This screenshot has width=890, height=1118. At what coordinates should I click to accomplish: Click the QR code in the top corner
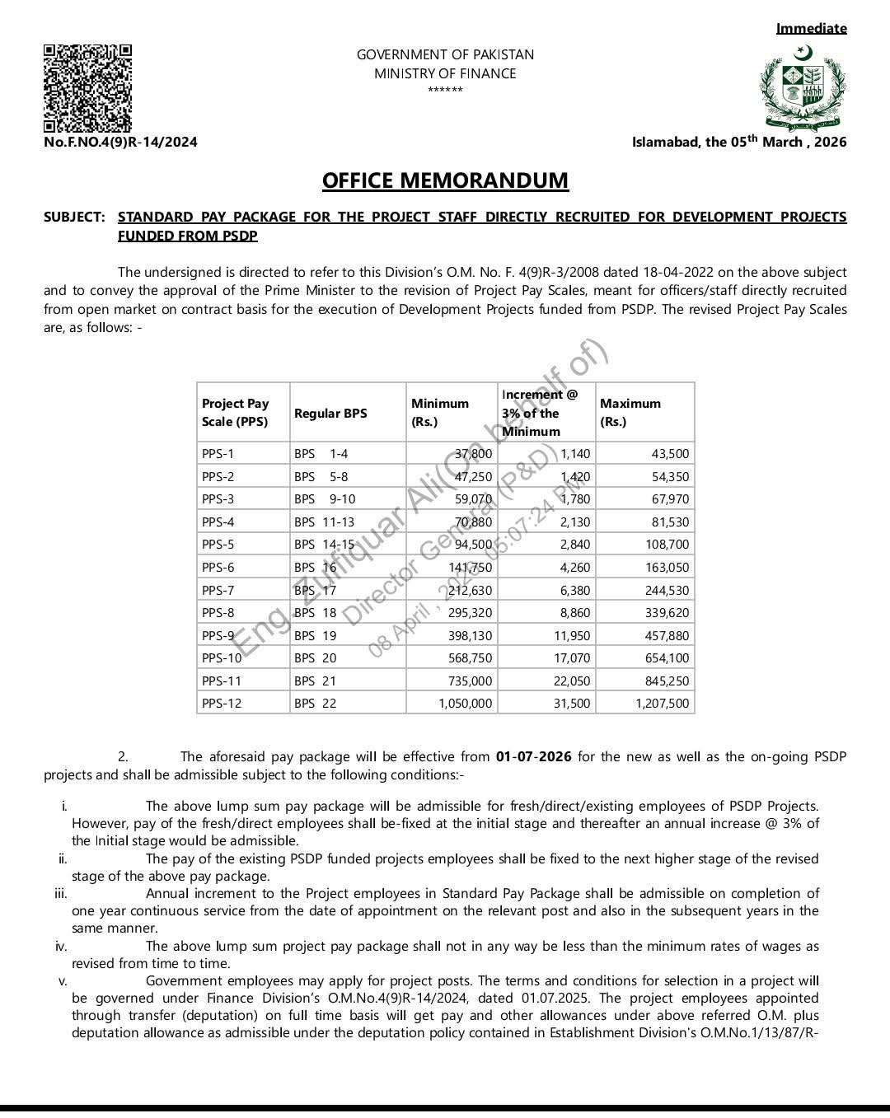(87, 88)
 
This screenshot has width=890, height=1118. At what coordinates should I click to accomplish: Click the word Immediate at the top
(811, 29)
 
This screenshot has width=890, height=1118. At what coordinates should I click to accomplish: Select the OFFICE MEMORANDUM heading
(445, 180)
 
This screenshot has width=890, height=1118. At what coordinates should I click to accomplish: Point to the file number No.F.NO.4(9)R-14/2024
(120, 142)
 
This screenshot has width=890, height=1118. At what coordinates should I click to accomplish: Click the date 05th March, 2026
(788, 142)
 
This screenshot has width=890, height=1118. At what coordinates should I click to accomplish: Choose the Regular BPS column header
(330, 413)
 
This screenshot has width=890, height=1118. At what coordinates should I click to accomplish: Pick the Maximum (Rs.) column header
(630, 412)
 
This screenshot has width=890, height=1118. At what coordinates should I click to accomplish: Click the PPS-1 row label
(218, 454)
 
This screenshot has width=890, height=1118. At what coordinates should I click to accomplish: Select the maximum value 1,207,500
(663, 704)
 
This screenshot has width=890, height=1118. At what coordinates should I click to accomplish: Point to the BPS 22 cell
(316, 704)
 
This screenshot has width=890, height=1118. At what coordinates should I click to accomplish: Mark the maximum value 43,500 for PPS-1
(669, 454)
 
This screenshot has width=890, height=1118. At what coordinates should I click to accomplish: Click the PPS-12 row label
(222, 704)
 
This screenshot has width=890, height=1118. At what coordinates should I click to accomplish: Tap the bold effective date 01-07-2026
(533, 756)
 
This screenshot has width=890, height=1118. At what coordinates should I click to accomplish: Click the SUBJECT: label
(74, 217)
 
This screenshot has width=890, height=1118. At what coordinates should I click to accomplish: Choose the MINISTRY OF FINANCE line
(445, 73)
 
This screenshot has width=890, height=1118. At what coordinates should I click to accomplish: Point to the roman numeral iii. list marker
(61, 893)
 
